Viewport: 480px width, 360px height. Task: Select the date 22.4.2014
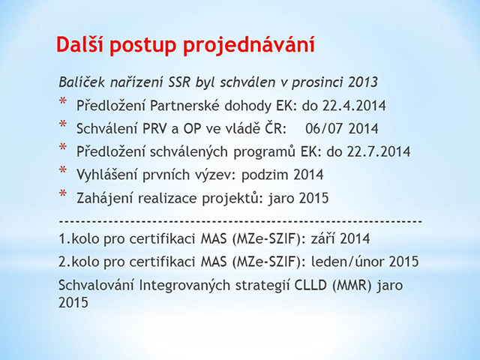(x=354, y=106)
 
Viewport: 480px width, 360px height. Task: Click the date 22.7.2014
(x=378, y=151)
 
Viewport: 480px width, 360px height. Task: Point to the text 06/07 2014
(x=342, y=128)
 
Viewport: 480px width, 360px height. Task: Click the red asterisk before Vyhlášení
(x=63, y=170)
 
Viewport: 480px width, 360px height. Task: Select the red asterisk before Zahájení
(x=63, y=193)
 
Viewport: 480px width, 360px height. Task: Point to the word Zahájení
(x=105, y=198)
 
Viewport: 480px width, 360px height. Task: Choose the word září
(x=322, y=238)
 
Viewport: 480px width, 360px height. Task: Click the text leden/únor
(x=347, y=262)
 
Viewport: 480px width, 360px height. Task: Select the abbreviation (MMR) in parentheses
(x=352, y=285)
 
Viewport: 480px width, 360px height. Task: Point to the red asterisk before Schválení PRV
(x=63, y=124)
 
